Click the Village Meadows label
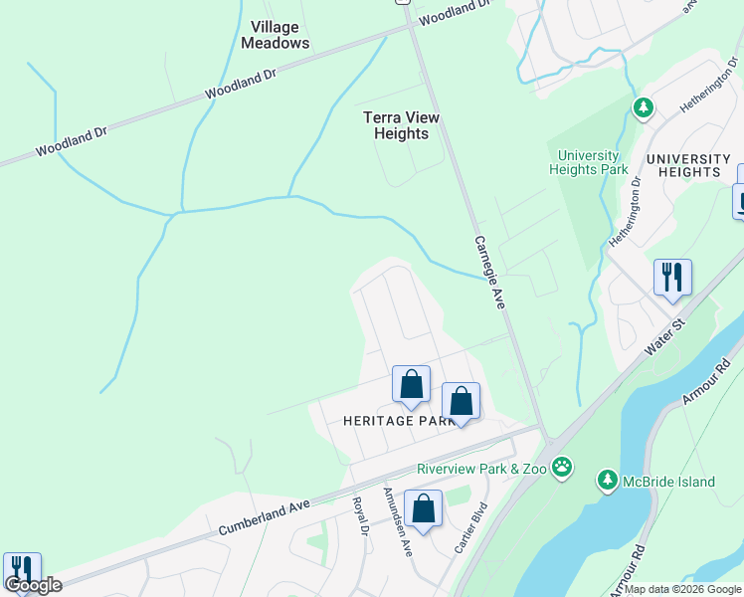click(275, 35)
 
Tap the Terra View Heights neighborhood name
click(402, 125)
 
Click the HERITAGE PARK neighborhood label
click(397, 421)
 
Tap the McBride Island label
click(668, 483)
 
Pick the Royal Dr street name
click(361, 517)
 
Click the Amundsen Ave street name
click(398, 522)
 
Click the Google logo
click(33, 585)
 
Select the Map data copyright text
click(682, 589)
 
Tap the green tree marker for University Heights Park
click(644, 107)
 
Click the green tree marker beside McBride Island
click(607, 482)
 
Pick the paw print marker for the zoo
click(562, 467)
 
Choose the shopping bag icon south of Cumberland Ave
click(423, 508)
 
